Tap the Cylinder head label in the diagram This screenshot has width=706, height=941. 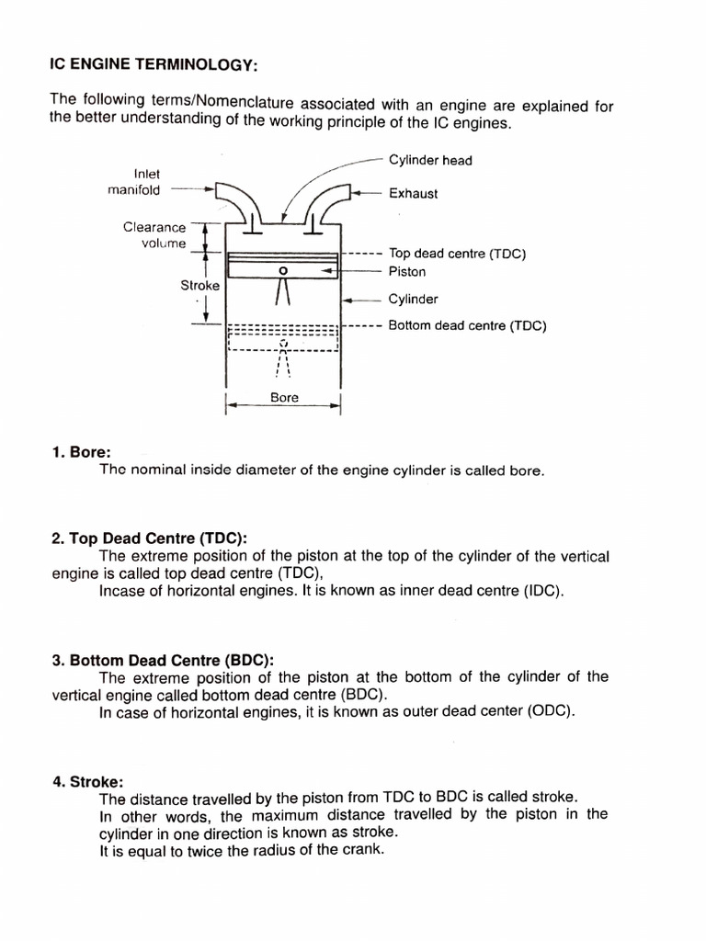pyautogui.click(x=429, y=161)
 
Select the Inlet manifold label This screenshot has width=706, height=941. pyautogui.click(x=134, y=182)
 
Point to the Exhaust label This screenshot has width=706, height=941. pyautogui.click(x=413, y=194)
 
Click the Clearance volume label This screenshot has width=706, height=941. pyautogui.click(x=154, y=235)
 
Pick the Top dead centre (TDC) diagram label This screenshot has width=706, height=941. pyautogui.click(x=457, y=254)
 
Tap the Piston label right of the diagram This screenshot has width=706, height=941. pyautogui.click(x=407, y=272)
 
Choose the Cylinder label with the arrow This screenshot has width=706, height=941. pyautogui.click(x=413, y=300)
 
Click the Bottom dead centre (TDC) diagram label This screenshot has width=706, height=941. pyautogui.click(x=467, y=325)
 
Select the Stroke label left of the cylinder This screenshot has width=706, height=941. pyautogui.click(x=199, y=286)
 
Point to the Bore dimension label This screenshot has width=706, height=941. pyautogui.click(x=284, y=398)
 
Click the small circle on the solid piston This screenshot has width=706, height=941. pyautogui.click(x=283, y=271)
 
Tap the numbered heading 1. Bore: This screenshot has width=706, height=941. pyautogui.click(x=82, y=452)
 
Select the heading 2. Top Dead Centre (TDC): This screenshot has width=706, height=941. pyautogui.click(x=150, y=539)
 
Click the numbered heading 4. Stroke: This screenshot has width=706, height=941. pyautogui.click(x=88, y=781)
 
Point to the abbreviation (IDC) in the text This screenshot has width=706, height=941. pyautogui.click(x=541, y=591)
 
